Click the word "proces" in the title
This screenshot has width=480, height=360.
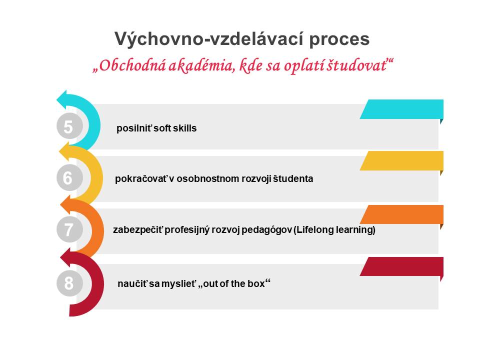(339, 39)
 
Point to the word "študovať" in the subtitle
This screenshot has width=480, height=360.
(356, 65)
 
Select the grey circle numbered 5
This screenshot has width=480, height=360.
(69, 126)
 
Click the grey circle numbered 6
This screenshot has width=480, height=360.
(69, 178)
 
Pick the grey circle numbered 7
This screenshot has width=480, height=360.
(69, 229)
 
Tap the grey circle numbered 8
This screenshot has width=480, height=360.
(69, 283)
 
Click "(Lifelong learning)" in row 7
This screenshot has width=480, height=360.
(334, 229)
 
